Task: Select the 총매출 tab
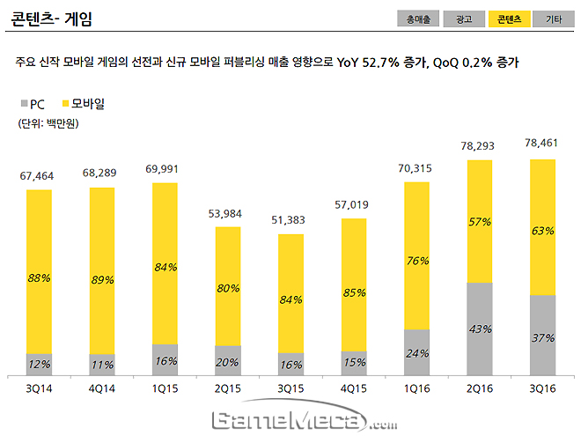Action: tap(418, 18)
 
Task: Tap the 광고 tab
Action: tap(463, 18)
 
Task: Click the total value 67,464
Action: tap(39, 176)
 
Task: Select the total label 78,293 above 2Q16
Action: tap(481, 146)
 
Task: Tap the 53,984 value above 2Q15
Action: tap(228, 214)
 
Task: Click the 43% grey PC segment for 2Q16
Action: tap(480, 329)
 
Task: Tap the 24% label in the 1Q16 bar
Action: tap(417, 353)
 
